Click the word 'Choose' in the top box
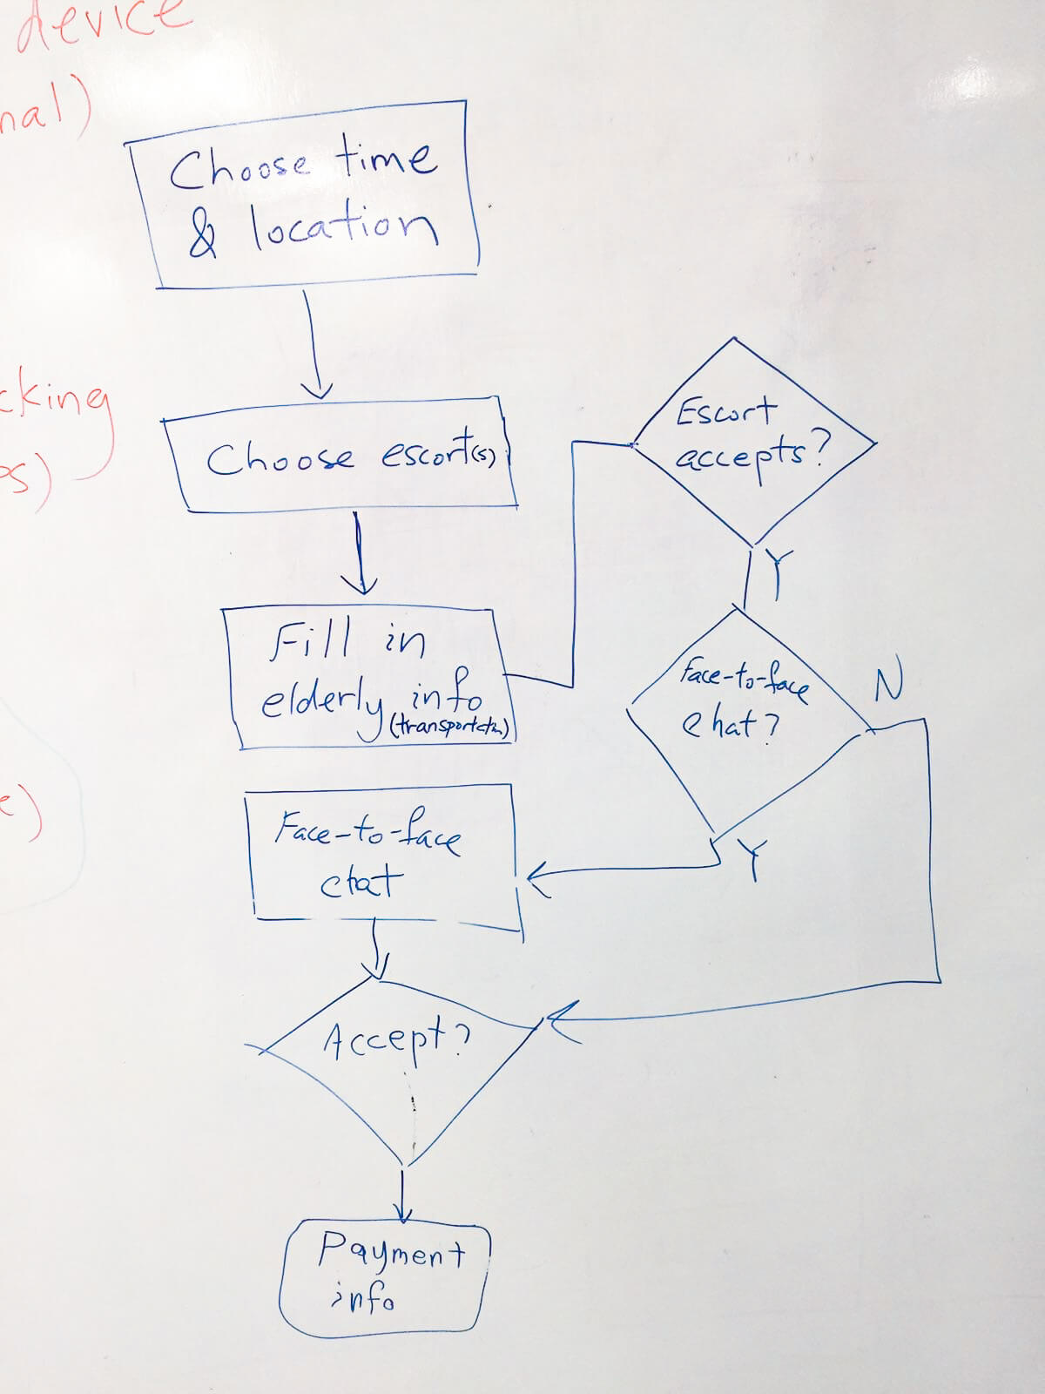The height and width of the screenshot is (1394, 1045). click(x=239, y=167)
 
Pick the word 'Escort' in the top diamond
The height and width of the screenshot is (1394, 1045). click(x=725, y=411)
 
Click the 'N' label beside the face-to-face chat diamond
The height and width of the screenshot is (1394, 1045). click(x=887, y=684)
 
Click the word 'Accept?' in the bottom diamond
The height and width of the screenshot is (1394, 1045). click(x=396, y=1039)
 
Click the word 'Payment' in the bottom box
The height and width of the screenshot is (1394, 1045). click(x=391, y=1252)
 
